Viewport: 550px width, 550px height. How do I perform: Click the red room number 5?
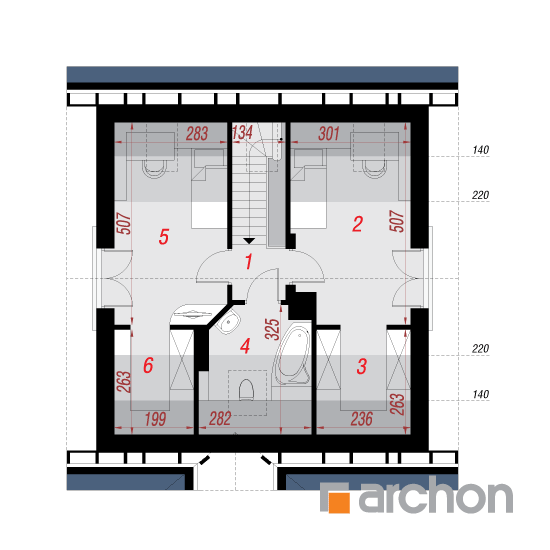164,237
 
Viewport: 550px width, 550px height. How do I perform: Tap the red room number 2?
357,224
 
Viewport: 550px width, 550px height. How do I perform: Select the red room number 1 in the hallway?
248,262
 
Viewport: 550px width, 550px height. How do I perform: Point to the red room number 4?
245,346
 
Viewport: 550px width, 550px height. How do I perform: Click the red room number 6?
148,365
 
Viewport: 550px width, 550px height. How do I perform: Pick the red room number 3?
362,366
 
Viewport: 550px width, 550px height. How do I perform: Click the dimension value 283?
197,134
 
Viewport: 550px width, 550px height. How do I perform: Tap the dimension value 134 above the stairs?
242,133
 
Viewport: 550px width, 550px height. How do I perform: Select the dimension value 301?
329,134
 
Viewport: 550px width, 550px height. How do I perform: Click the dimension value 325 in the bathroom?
272,329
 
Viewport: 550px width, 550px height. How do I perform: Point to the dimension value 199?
155,419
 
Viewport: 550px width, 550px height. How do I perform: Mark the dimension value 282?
220,418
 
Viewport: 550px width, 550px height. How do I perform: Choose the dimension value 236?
362,419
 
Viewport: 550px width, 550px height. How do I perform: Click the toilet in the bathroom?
246,390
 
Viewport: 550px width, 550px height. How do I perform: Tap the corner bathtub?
292,355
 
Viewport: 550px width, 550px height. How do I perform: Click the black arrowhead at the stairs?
249,241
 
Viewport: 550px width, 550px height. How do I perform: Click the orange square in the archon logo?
339,502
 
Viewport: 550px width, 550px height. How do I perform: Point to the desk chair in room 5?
154,169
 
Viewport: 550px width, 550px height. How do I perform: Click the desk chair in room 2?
374,169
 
